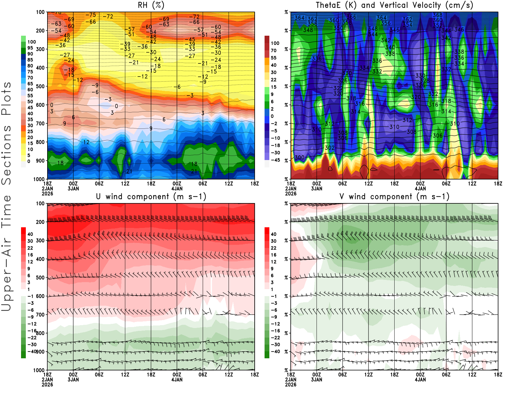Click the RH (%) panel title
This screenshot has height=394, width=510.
pos(151,5)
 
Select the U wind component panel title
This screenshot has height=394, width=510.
pos(151,197)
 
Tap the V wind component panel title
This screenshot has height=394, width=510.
pos(394,197)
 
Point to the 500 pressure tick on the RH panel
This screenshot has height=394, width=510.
pos(40,86)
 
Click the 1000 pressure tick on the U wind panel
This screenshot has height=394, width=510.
pos(39,370)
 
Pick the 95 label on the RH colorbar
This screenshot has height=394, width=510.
pos(30,48)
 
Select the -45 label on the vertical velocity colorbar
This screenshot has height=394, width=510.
pos(275,160)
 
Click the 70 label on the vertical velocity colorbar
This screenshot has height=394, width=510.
pos(273,50)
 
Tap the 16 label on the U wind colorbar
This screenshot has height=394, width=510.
pos(30,255)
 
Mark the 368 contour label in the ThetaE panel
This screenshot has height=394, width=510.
pos(438,15)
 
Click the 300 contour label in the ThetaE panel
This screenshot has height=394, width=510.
pos(299,157)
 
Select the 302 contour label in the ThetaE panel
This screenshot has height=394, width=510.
pos(330,148)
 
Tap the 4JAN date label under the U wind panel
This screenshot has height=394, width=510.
pos(177,380)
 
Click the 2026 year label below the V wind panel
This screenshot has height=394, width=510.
pos(291,385)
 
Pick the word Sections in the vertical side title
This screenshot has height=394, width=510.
pos(6,155)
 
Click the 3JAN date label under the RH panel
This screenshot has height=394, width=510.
pos(73,189)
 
